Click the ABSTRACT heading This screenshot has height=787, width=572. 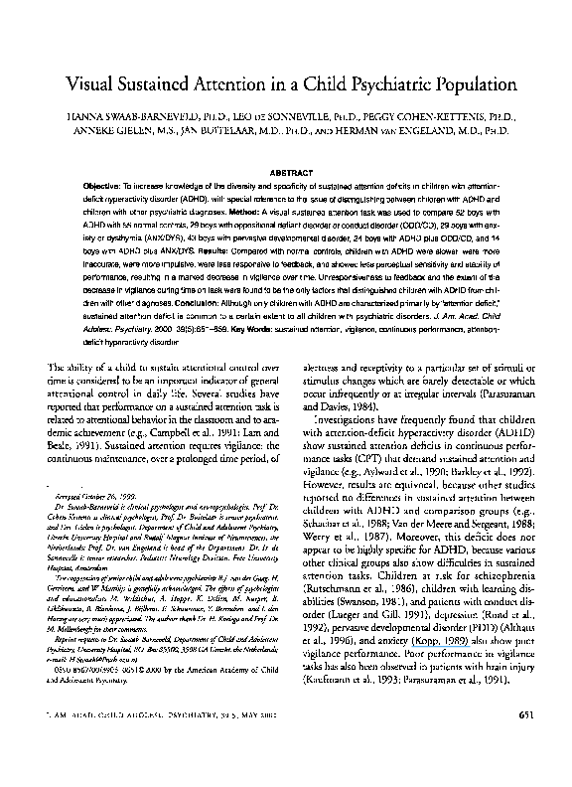(286, 170)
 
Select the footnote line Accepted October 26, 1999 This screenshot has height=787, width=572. (87, 521)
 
